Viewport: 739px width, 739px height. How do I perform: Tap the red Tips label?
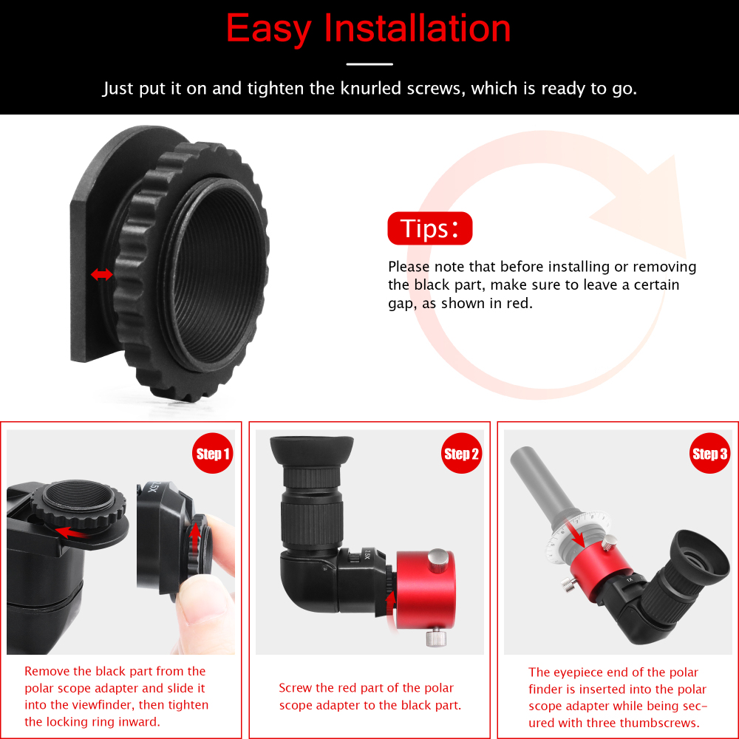click(x=429, y=229)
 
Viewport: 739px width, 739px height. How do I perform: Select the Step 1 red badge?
click(x=213, y=453)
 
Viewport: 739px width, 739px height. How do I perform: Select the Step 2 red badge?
click(x=462, y=453)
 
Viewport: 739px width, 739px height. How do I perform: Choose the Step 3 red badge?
click(x=709, y=453)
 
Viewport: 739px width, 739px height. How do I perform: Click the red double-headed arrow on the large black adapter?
click(x=101, y=275)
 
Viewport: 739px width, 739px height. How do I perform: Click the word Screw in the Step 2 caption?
click(x=296, y=688)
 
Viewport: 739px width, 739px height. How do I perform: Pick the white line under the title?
click(x=369, y=64)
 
